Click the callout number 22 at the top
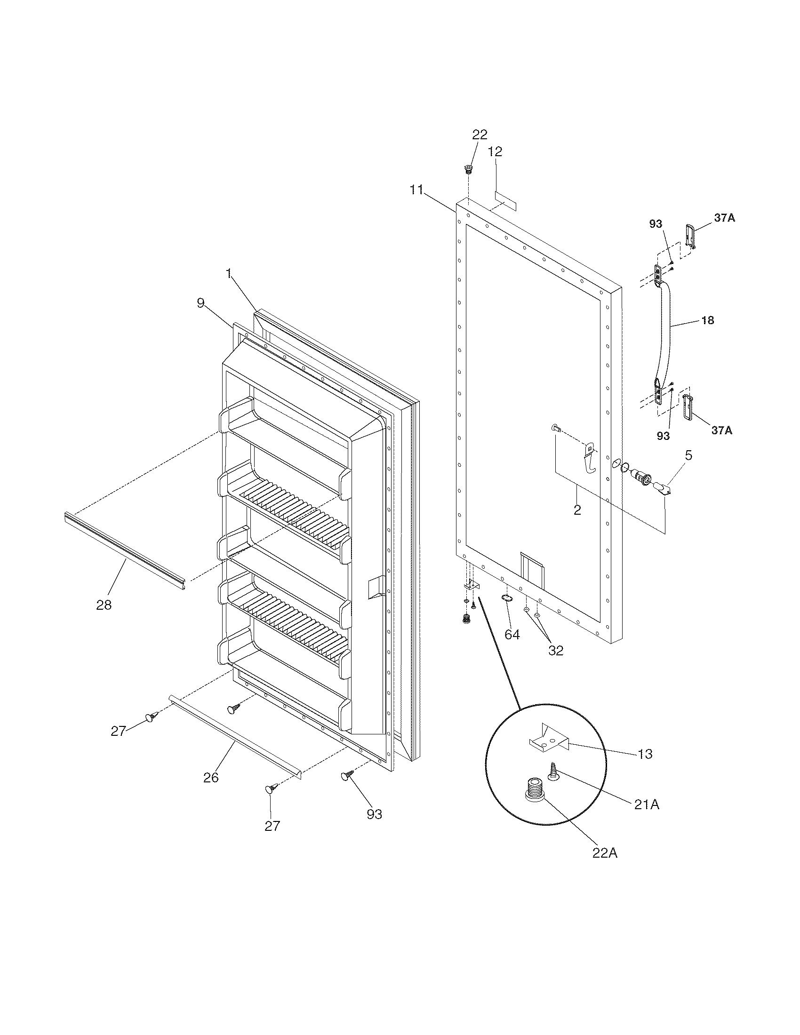point(479,135)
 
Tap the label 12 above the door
point(495,151)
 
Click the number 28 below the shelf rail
point(104,605)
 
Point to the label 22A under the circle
point(605,853)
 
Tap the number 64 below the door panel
point(512,635)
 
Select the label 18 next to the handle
point(707,321)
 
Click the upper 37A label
point(724,218)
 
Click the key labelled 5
point(662,488)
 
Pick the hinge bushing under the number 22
point(468,168)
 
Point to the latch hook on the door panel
point(590,457)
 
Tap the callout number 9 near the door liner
point(201,303)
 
